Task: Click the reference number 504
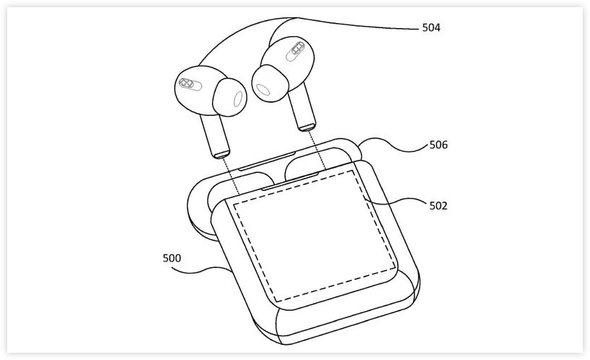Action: pyautogui.click(x=431, y=27)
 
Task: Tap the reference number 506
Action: pyautogui.click(x=439, y=145)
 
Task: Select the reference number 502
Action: pyautogui.click(x=439, y=206)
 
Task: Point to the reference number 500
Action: pyautogui.click(x=172, y=258)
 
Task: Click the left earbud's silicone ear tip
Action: pyautogui.click(x=230, y=98)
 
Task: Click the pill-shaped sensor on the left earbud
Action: pyautogui.click(x=190, y=84)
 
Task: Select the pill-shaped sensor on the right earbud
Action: pyautogui.click(x=296, y=51)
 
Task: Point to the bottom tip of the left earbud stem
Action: pyautogui.click(x=222, y=155)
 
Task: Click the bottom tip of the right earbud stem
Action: pyautogui.click(x=307, y=127)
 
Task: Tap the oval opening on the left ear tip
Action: pyautogui.click(x=238, y=99)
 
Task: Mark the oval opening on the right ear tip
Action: pyautogui.click(x=263, y=89)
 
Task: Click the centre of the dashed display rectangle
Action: pyautogui.click(x=314, y=235)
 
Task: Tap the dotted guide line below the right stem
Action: pyautogui.click(x=318, y=150)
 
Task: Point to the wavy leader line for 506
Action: pyautogui.click(x=393, y=145)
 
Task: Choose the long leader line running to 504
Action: pyautogui.click(x=359, y=24)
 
